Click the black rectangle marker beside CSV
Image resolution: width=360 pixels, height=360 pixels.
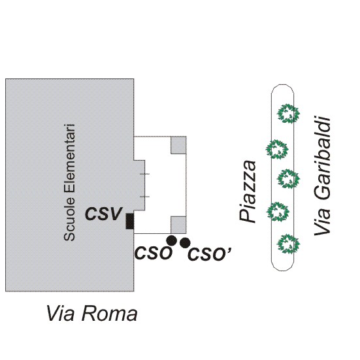(x=130, y=221)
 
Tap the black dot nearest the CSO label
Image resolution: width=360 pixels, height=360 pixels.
(x=171, y=240)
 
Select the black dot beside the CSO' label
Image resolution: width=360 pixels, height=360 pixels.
(x=185, y=243)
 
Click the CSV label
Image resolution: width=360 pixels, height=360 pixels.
(x=103, y=214)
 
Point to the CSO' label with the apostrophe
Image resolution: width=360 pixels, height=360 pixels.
(x=209, y=254)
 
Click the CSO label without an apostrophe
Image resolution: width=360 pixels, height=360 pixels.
(x=153, y=253)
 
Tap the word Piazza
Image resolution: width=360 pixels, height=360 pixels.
(x=247, y=191)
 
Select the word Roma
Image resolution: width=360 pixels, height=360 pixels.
(x=110, y=314)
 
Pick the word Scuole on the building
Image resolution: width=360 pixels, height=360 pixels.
(x=69, y=220)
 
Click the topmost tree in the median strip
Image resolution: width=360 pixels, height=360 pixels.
(x=288, y=114)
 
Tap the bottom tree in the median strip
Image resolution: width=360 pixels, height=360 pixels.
(x=288, y=244)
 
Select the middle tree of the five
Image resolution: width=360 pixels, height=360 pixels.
(x=288, y=179)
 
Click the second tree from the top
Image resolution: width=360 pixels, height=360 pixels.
(x=277, y=149)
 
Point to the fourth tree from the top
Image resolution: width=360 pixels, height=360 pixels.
(x=277, y=212)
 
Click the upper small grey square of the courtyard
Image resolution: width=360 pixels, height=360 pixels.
(x=178, y=145)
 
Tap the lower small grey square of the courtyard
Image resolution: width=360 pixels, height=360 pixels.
(x=178, y=225)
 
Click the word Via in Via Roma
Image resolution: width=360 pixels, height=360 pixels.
(x=61, y=314)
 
